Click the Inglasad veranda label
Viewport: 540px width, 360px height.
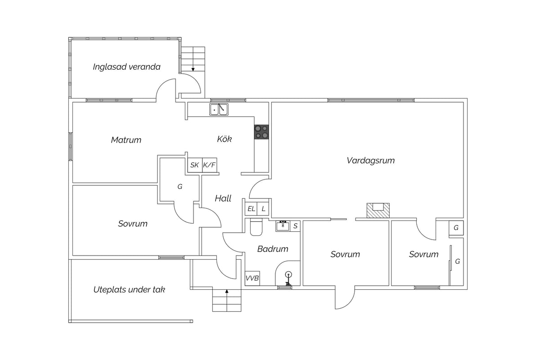pyautogui.click(x=126, y=67)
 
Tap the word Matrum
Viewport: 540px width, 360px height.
pyautogui.click(x=126, y=140)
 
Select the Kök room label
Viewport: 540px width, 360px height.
pyautogui.click(x=224, y=139)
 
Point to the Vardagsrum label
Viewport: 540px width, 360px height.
pyautogui.click(x=370, y=161)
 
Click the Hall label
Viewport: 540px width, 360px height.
pyautogui.click(x=223, y=198)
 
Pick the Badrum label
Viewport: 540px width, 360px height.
pyautogui.click(x=273, y=249)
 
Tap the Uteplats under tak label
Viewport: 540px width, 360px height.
pyautogui.click(x=129, y=290)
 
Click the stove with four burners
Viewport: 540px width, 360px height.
pyautogui.click(x=261, y=132)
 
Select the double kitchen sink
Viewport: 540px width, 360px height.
pyautogui.click(x=219, y=110)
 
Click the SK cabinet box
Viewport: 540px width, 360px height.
pyautogui.click(x=195, y=165)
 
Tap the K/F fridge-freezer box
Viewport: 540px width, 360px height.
pyautogui.click(x=210, y=165)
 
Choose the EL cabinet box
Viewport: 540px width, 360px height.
pyautogui.click(x=251, y=209)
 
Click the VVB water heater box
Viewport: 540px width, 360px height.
pyautogui.click(x=252, y=278)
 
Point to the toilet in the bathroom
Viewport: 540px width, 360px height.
pyautogui.click(x=256, y=227)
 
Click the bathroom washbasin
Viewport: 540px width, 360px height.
pyautogui.click(x=283, y=226)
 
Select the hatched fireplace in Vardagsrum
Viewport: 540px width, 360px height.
pyautogui.click(x=378, y=211)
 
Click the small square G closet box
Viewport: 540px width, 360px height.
pyautogui.click(x=456, y=228)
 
